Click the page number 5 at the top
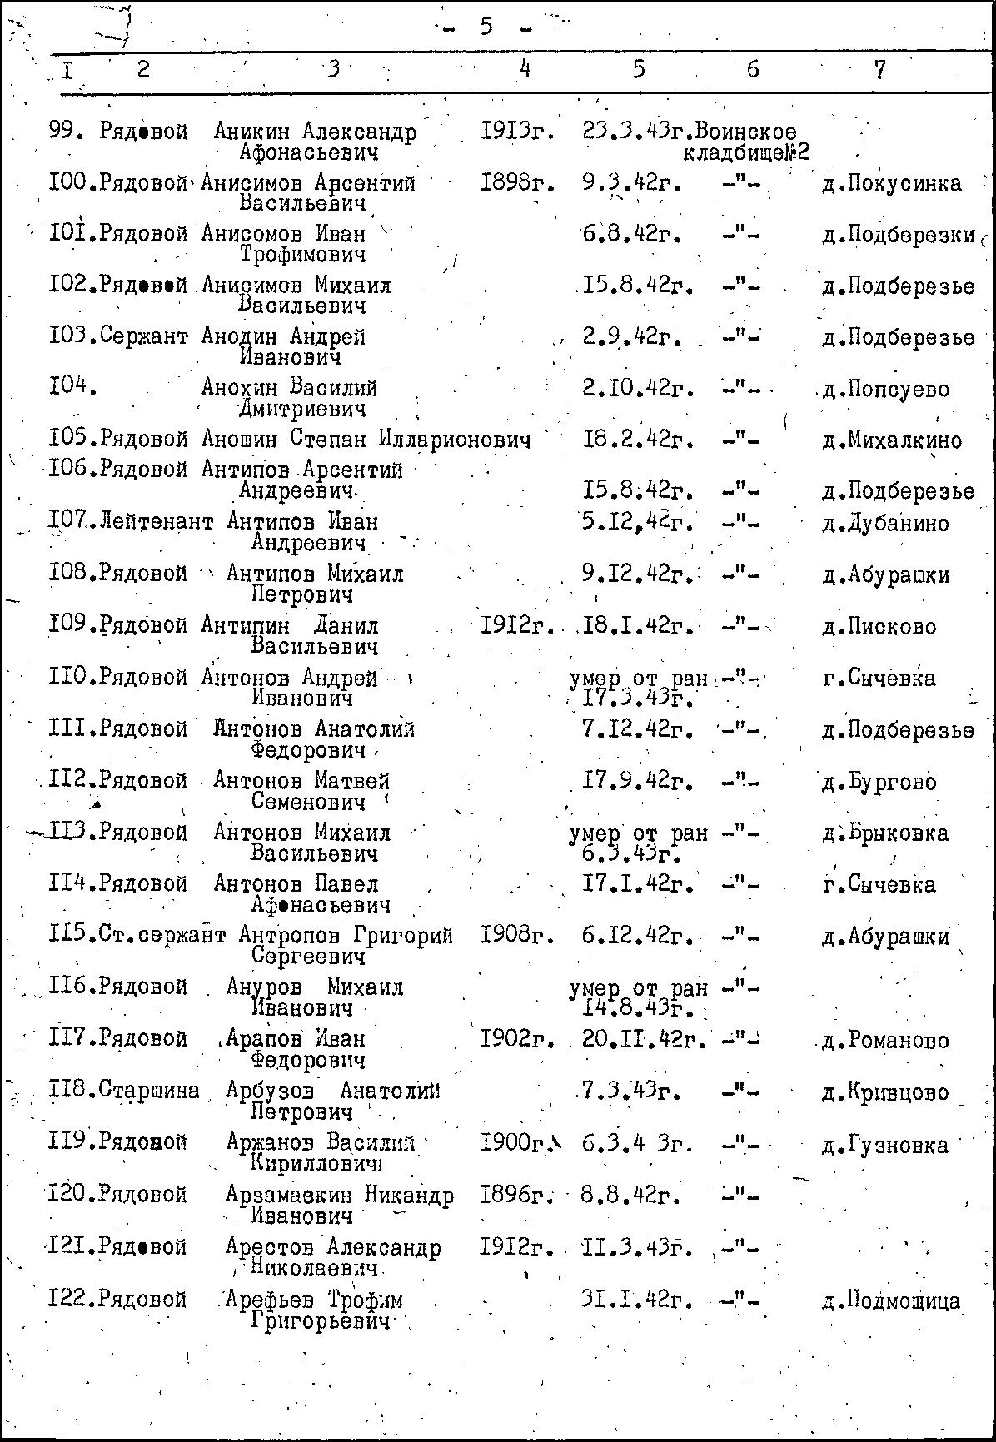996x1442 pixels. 486,27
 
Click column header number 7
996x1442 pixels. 880,70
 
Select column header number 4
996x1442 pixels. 525,69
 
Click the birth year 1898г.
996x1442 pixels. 517,183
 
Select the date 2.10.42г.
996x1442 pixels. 638,389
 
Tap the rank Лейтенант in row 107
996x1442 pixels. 156,523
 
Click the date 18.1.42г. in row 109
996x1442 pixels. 638,625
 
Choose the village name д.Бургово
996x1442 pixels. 879,783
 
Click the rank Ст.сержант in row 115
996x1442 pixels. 162,936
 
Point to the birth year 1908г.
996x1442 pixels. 517,936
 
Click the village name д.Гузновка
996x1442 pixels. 884,1146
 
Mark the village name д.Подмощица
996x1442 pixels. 890,1300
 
